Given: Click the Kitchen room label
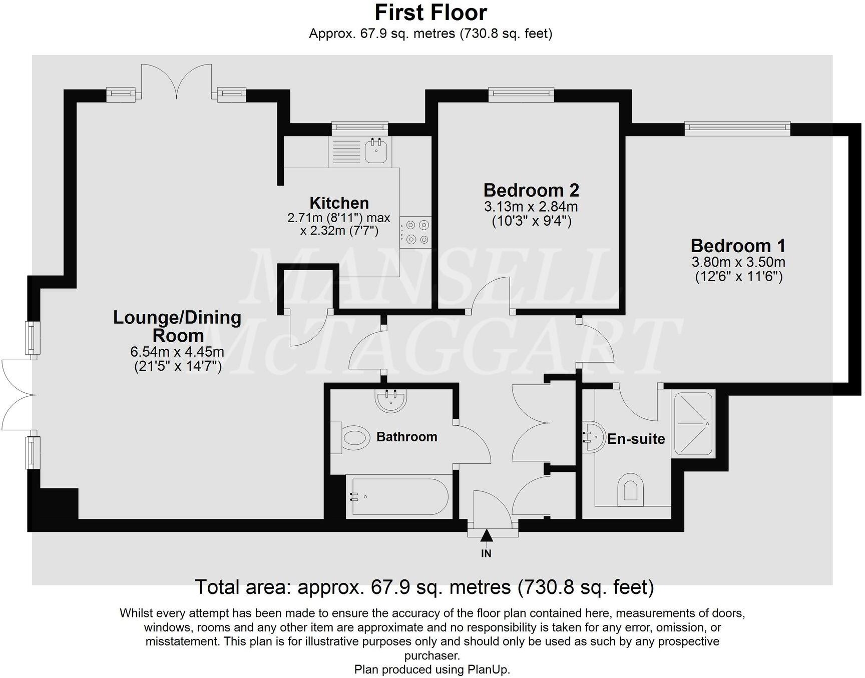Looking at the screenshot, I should (339, 203).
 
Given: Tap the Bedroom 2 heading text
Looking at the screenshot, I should (531, 190).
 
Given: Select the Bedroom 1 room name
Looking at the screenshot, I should (738, 246).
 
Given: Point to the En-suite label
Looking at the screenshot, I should (636, 439).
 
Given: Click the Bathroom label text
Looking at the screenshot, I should (406, 437).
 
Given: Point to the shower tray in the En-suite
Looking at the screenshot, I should (693, 424).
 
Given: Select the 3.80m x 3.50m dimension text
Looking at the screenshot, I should (738, 262).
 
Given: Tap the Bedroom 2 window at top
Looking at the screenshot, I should (521, 95).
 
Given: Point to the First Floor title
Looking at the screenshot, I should (430, 13).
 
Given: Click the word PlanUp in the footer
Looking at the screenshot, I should (488, 669).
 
